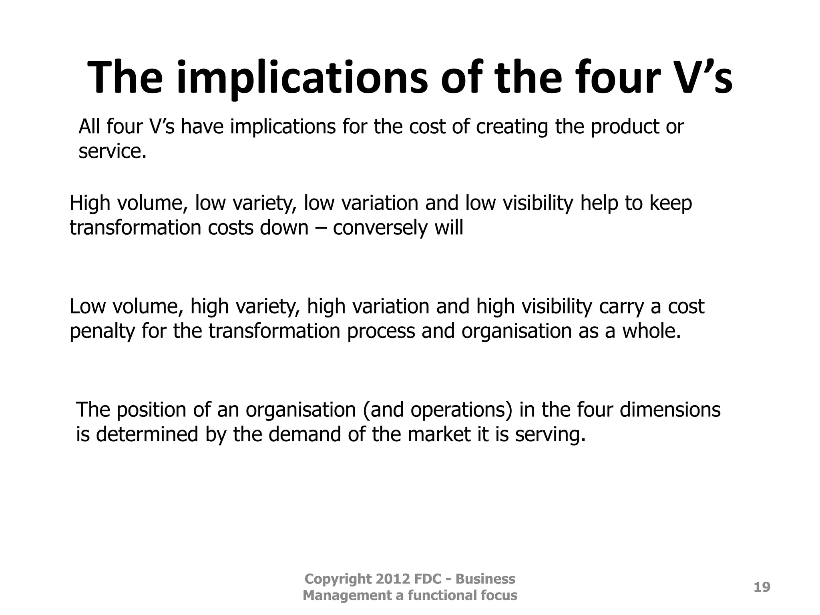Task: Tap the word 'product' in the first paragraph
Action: coord(624,127)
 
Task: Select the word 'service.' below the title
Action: coord(113,151)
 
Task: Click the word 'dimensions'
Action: coord(670,410)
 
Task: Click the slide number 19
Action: coord(762,587)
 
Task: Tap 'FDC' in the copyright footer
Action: coord(428,579)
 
